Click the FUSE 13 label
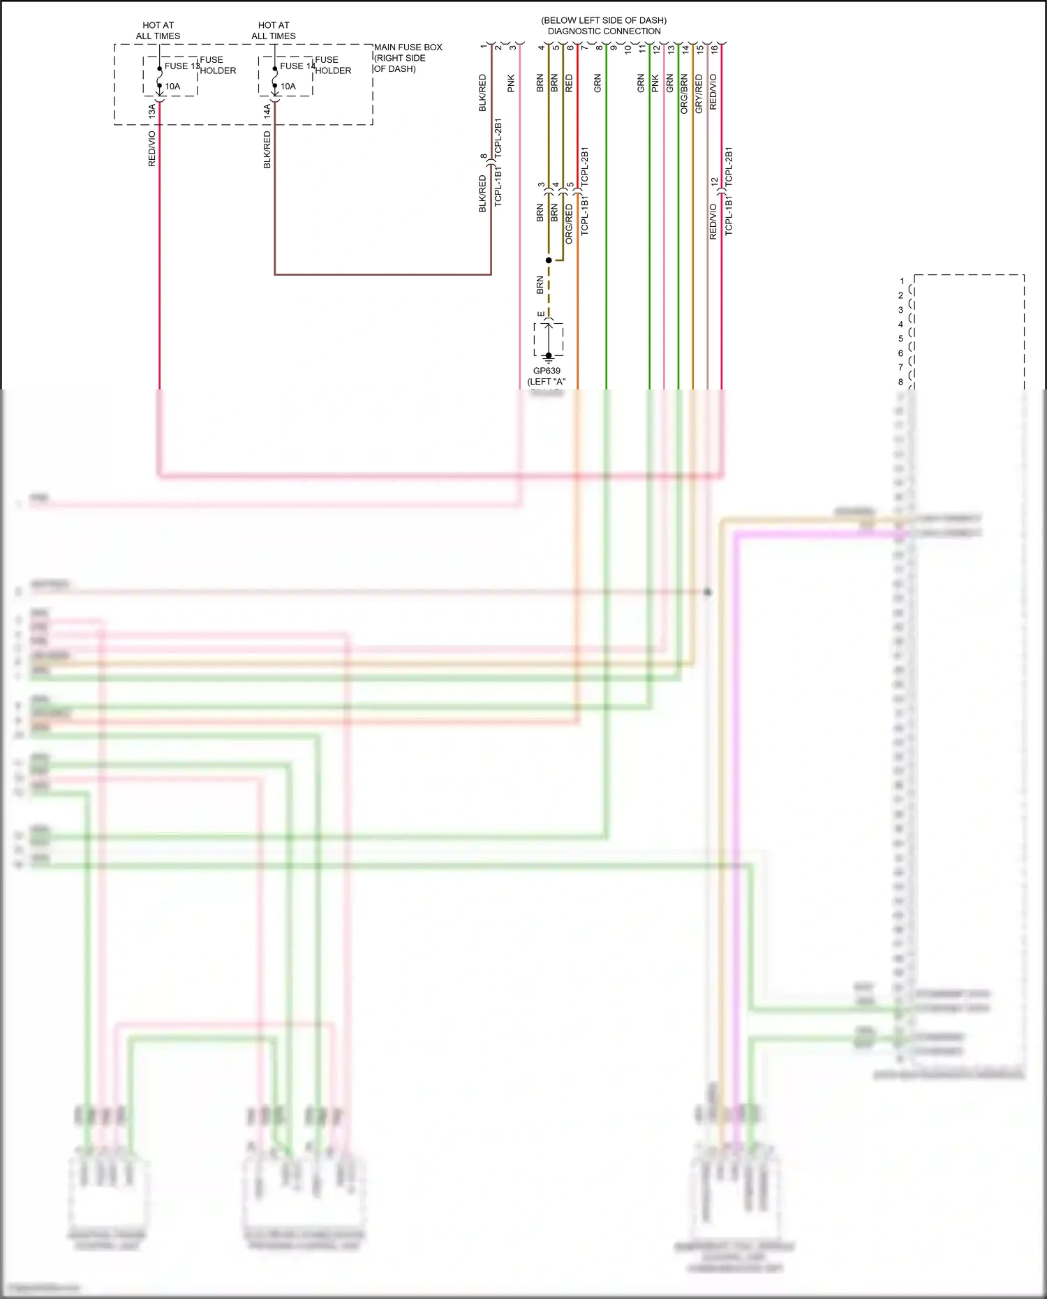point(181,66)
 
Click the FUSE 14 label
point(297,66)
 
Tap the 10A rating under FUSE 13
point(172,87)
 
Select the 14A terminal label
point(267,110)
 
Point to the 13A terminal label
point(151,110)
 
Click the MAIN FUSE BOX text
point(408,47)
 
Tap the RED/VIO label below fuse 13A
point(151,149)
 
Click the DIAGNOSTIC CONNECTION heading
point(604,31)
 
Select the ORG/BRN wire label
point(684,94)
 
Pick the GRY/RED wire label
point(699,94)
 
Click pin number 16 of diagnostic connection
point(714,50)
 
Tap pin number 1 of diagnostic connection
point(483,47)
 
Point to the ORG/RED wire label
point(569,224)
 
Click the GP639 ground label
point(547,371)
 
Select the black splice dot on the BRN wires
point(549,260)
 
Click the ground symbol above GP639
point(549,356)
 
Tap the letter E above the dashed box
point(541,315)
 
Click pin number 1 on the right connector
point(902,281)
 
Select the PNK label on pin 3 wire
point(511,84)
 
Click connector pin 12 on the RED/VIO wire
point(714,182)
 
